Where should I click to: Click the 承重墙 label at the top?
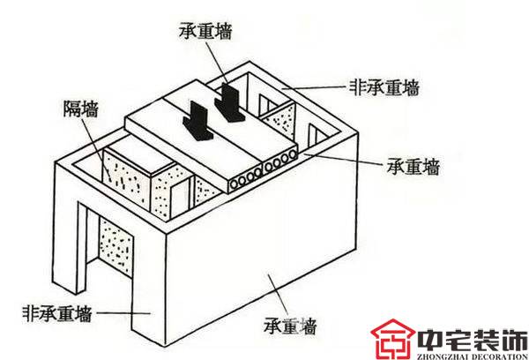[x=205, y=31]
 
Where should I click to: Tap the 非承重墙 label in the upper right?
[x=384, y=88]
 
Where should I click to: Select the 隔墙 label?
[x=81, y=109]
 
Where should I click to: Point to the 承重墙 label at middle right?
[x=414, y=167]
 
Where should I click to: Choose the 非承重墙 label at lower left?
[x=57, y=313]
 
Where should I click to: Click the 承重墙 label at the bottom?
[x=290, y=326]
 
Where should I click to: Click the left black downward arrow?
[x=198, y=121]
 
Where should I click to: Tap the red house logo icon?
[x=392, y=339]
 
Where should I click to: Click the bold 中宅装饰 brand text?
[x=472, y=340]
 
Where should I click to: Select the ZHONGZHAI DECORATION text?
[x=473, y=356]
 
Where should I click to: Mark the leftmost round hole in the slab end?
[x=235, y=184]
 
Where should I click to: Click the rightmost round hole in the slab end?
[x=293, y=155]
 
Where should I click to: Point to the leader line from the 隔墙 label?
[x=96, y=149]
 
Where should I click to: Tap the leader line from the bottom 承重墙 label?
[x=278, y=296]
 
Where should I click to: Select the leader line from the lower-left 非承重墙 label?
[x=123, y=313]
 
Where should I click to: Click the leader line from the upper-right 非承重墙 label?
[x=316, y=88]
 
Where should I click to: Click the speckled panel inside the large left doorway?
[x=115, y=244]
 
